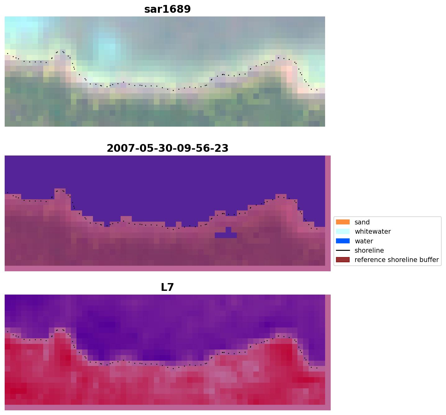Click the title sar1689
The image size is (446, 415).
point(167,9)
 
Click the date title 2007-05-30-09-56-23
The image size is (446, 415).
point(167,148)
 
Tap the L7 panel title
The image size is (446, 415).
point(167,287)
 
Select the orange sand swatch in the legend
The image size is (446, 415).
point(343,222)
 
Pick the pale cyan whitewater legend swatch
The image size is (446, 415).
point(343,231)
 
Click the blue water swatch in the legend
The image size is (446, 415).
point(343,241)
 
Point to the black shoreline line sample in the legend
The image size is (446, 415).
point(343,250)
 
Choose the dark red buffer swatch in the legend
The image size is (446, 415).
point(343,259)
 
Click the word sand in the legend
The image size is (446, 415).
point(362,222)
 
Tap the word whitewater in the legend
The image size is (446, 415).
point(373,232)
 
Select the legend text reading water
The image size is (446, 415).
point(364,241)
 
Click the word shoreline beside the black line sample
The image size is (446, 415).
point(369,250)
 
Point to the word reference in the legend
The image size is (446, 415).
point(368,260)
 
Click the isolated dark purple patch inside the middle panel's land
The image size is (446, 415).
point(226,234)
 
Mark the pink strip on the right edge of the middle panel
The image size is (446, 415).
point(328,211)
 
